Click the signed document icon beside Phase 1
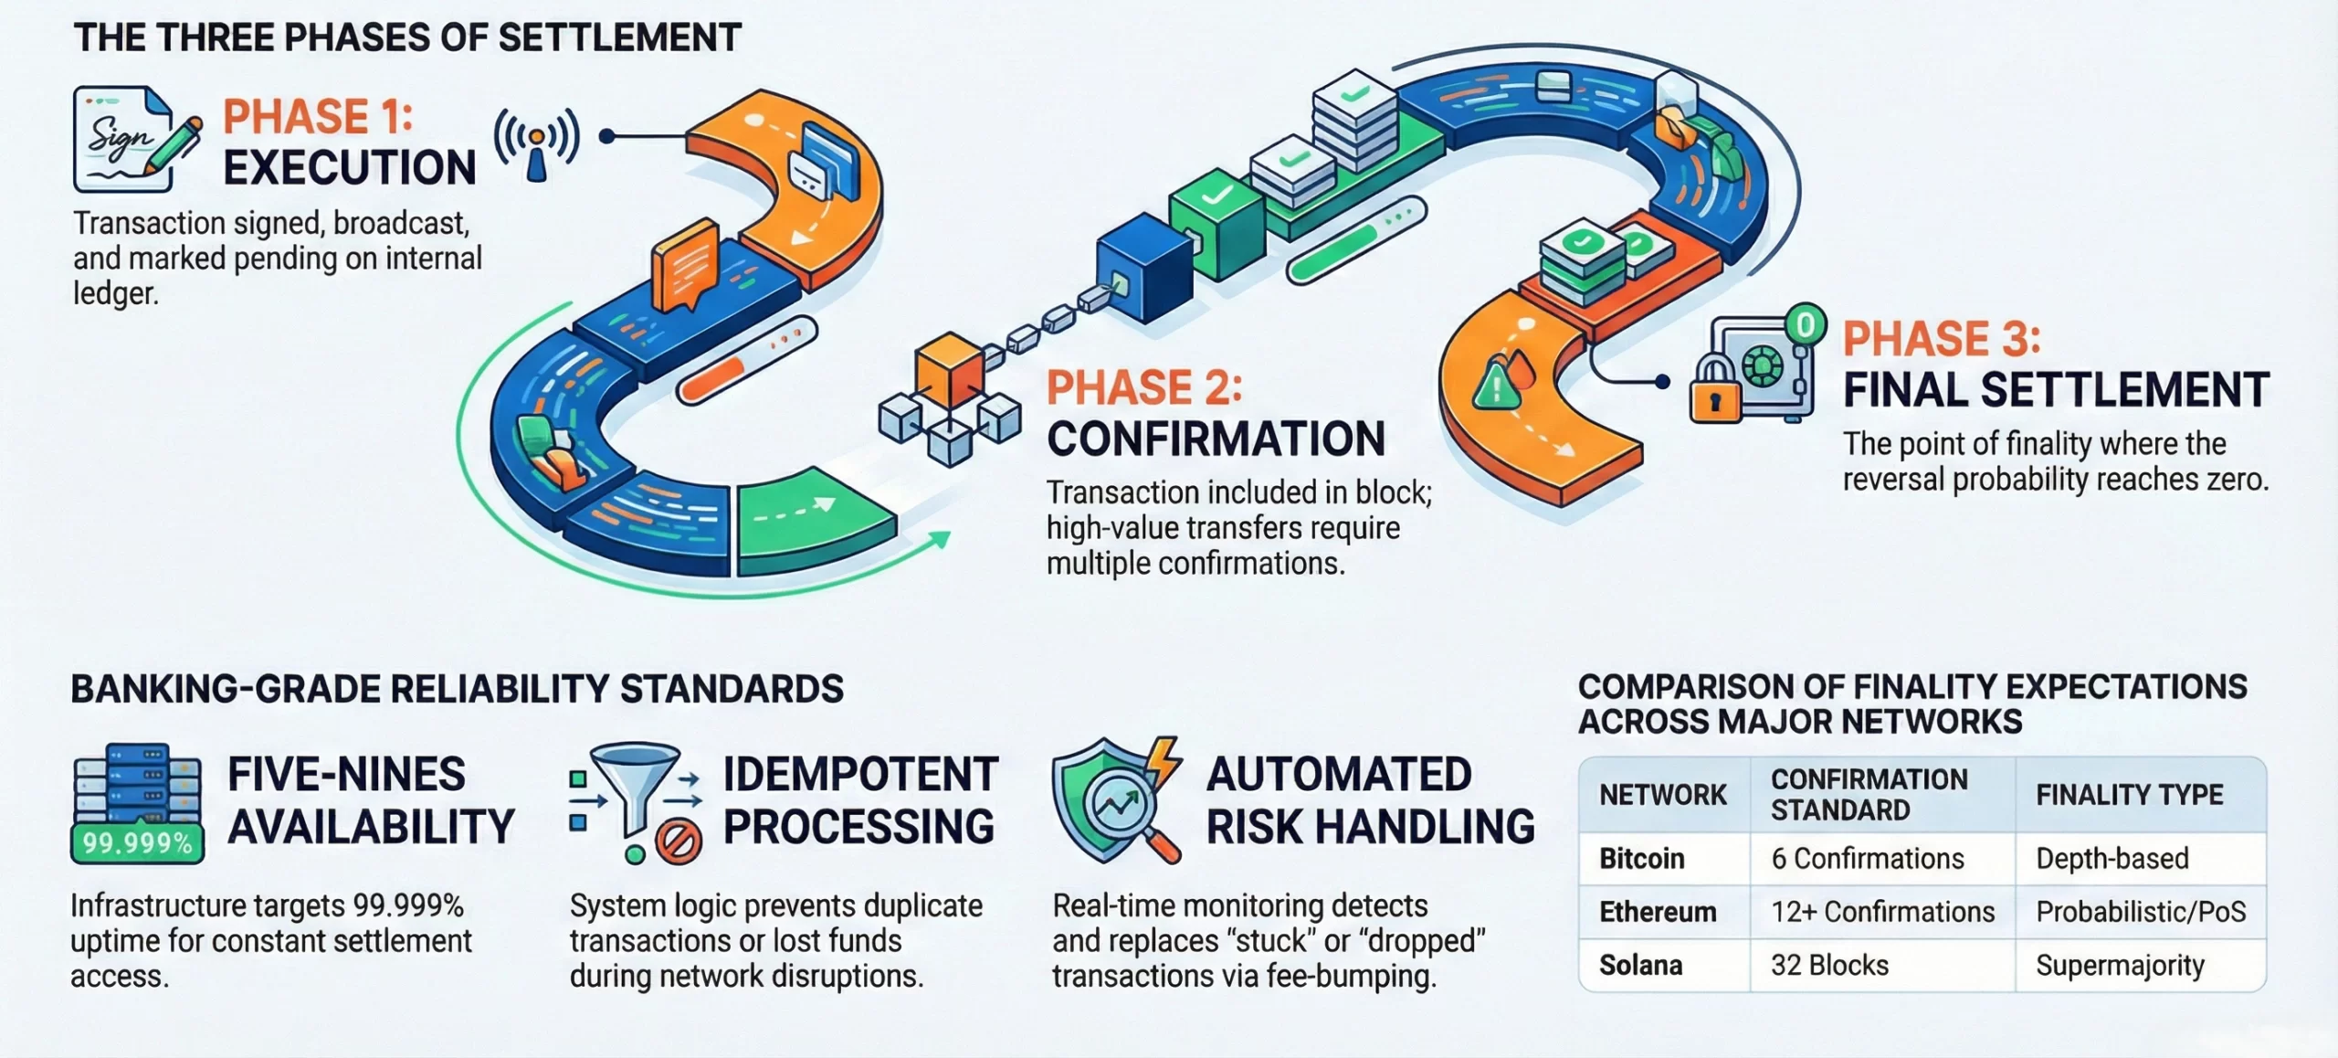(128, 139)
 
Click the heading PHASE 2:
(1143, 387)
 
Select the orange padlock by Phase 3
(1713, 391)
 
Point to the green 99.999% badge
(137, 842)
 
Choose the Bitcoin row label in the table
(1641, 859)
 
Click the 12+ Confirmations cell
(1881, 912)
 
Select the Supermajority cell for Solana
(2119, 966)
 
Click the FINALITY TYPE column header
(2129, 795)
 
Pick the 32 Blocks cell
(1829, 966)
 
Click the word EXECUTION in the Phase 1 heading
(350, 168)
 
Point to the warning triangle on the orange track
(1495, 384)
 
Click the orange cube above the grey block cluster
(950, 369)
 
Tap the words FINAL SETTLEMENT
(2055, 390)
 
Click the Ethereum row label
(1657, 912)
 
